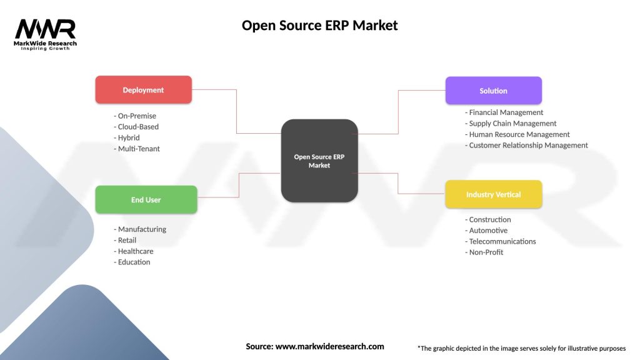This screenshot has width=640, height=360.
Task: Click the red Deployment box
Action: [143, 90]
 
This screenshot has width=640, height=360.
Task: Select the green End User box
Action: [146, 200]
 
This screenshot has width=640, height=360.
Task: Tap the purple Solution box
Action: [493, 91]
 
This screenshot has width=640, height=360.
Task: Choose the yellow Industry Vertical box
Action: [493, 194]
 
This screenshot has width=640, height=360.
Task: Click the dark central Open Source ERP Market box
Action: [319, 161]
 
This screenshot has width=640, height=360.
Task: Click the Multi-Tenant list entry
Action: [137, 149]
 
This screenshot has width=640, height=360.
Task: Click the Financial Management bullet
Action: [504, 112]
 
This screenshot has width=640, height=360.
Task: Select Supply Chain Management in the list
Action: [511, 124]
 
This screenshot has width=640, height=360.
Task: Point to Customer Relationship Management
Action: [527, 145]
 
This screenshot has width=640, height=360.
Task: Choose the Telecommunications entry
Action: [501, 241]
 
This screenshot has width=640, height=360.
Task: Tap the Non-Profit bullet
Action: [484, 252]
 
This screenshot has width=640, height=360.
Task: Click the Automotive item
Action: [486, 231]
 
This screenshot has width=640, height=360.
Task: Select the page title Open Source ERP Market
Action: [319, 26]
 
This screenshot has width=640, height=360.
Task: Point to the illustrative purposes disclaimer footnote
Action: [521, 348]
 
